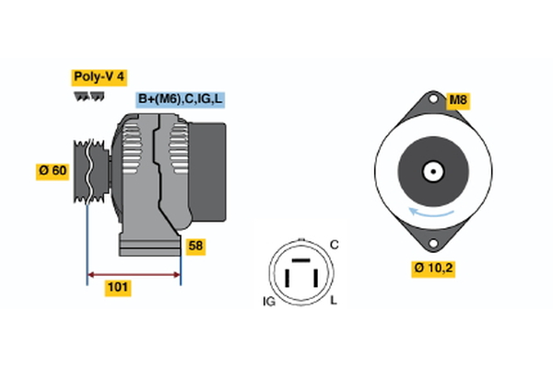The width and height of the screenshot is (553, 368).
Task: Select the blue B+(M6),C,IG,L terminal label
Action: tap(180, 99)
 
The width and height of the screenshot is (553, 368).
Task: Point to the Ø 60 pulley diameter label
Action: tap(53, 172)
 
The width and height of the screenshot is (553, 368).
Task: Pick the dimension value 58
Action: tap(195, 247)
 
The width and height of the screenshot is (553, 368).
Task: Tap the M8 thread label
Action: tap(458, 100)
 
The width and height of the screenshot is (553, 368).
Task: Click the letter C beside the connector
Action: tap(335, 245)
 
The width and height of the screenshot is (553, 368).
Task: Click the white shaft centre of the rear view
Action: tap(430, 170)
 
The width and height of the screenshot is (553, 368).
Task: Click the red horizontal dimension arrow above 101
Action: tap(134, 274)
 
